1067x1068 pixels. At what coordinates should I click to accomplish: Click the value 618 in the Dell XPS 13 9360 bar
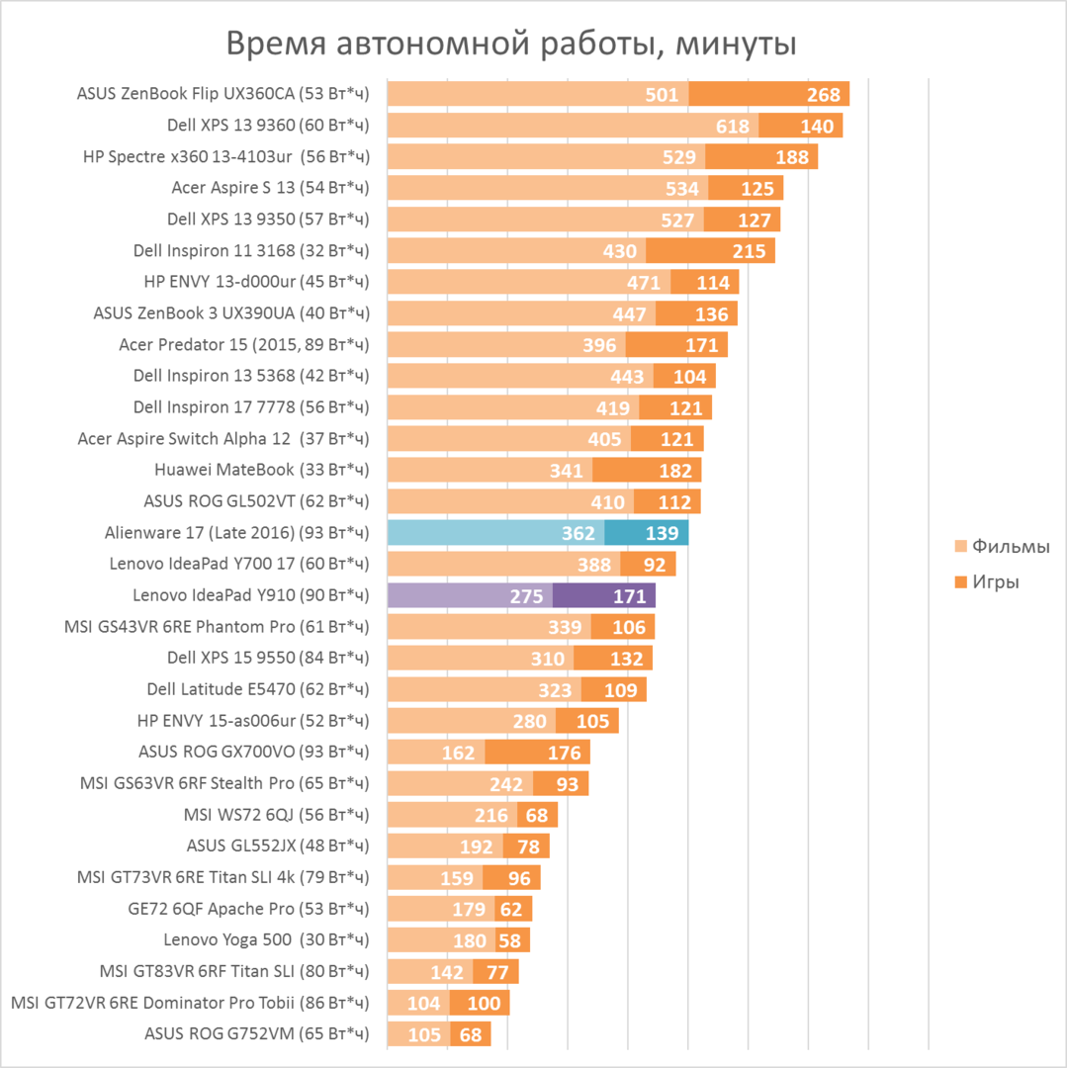pos(733,126)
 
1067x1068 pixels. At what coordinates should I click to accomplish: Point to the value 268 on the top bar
pos(822,95)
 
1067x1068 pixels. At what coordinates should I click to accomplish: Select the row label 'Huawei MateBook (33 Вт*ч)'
pos(261,470)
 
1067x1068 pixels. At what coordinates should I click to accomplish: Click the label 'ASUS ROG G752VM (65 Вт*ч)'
pos(256,1035)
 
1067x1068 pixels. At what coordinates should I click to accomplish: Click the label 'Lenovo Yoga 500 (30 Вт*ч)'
pos(266,940)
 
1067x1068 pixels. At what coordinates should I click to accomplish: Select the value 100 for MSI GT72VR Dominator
pos(484,1004)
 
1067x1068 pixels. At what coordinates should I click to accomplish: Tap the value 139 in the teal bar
pos(661,533)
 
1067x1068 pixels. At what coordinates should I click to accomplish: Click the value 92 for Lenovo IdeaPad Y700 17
pos(654,565)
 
